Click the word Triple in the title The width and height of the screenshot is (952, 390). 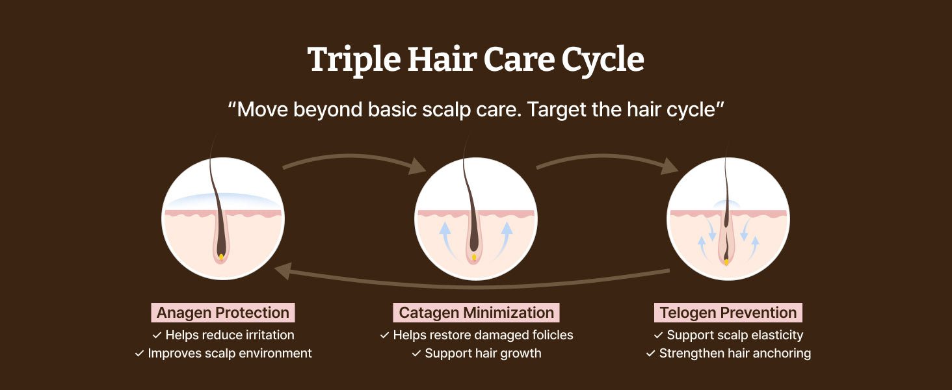tap(354, 60)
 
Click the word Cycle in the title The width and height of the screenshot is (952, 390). tap(603, 60)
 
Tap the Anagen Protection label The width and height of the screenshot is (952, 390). tap(222, 313)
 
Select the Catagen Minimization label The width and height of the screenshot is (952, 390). tap(476, 313)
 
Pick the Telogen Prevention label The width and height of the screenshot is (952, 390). tap(728, 313)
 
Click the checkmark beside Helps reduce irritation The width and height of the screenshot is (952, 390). tap(157, 335)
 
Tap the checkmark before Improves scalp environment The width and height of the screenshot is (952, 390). tap(139, 354)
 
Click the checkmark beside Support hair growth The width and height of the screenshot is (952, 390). tap(416, 354)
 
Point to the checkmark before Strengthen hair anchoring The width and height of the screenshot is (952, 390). tap(651, 354)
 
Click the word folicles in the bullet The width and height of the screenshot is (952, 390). tap(552, 335)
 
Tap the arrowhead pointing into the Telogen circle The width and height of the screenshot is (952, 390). tap(669, 166)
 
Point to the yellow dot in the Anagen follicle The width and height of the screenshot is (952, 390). tap(221, 257)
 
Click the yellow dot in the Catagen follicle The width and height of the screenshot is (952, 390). tap(474, 257)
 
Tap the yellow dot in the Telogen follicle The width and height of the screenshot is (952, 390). tap(726, 262)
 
